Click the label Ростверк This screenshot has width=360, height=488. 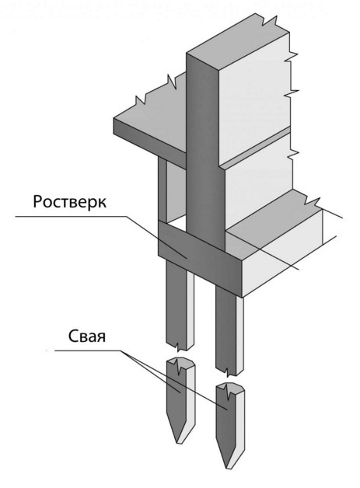coord(69,203)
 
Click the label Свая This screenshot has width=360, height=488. coord(87,336)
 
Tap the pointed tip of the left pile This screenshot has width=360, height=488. coord(179,443)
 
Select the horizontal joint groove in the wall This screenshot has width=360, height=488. coord(255,148)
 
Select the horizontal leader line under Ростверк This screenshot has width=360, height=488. coord(71,216)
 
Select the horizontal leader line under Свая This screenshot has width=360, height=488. coord(89,350)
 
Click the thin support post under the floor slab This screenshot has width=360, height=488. coord(163,190)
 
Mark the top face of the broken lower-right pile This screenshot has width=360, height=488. coord(231,388)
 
